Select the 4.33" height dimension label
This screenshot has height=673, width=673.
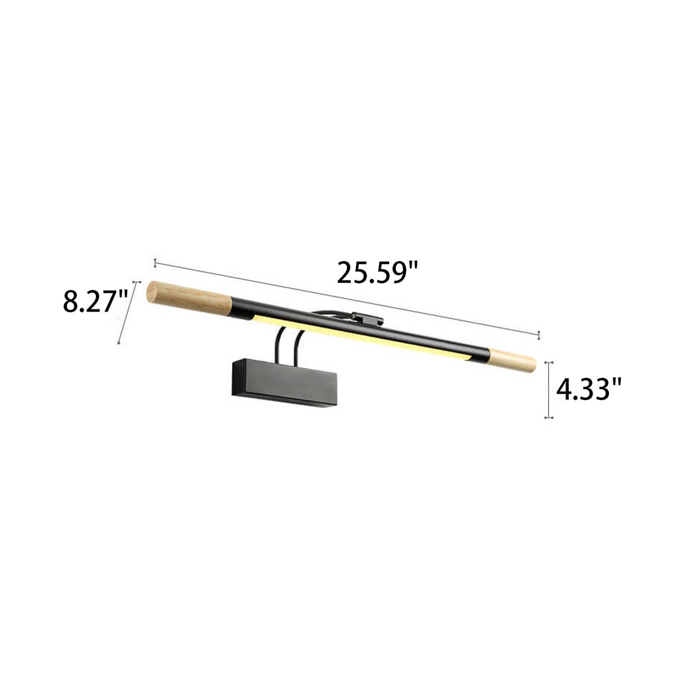pos(588,390)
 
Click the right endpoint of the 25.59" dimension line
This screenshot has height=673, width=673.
pos(539,334)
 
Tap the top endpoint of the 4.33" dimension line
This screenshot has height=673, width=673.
pos(549,363)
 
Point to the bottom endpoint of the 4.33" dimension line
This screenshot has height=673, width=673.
pos(549,417)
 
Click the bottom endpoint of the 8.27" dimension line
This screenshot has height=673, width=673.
pos(119,343)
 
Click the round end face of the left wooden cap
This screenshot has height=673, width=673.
pos(150,292)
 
